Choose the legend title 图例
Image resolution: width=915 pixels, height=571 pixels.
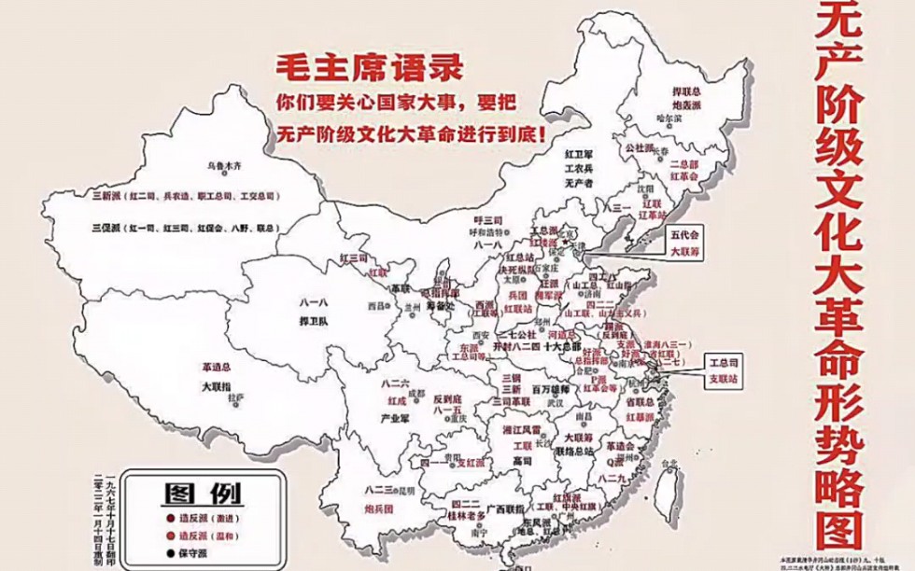pyautogui.click(x=204, y=492)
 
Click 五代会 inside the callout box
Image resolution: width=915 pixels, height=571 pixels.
pyautogui.click(x=683, y=237)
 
